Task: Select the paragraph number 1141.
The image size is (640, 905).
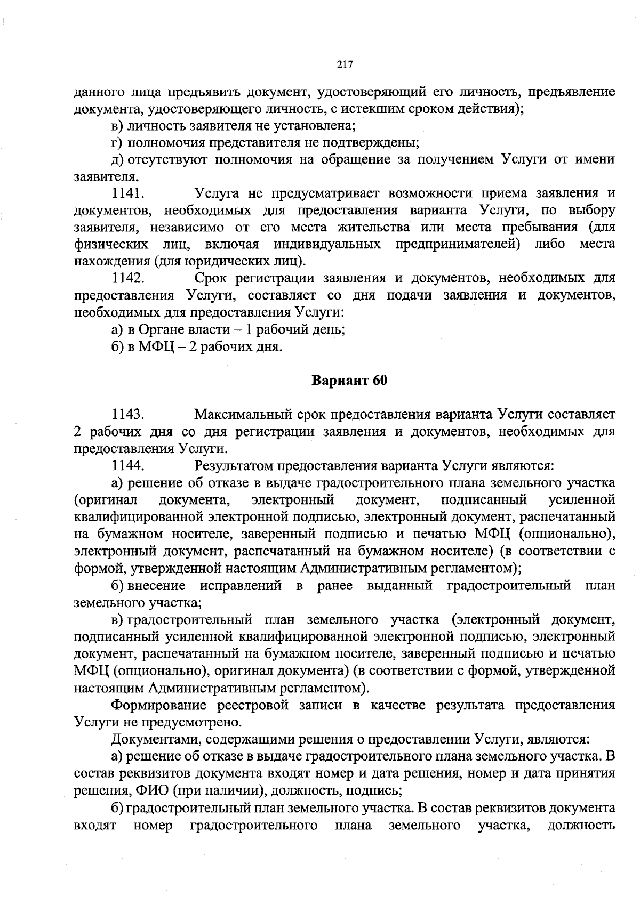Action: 126,193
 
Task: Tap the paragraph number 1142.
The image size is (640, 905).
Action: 127,278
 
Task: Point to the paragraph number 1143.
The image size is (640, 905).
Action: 127,414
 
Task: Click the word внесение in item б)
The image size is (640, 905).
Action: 157,586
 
